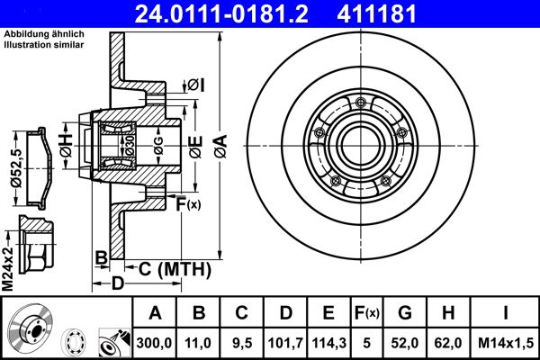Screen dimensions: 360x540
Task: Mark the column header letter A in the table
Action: (155, 313)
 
